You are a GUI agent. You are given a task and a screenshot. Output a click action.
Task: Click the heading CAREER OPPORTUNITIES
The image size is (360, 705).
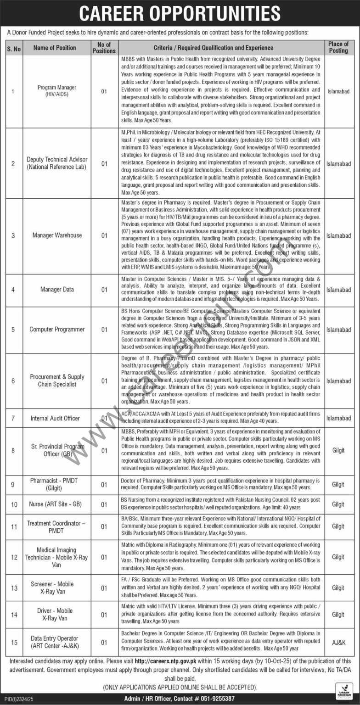[180, 14]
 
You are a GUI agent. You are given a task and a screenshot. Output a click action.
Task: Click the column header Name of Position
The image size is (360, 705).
[55, 47]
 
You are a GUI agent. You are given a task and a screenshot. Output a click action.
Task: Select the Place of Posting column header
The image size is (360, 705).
[338, 47]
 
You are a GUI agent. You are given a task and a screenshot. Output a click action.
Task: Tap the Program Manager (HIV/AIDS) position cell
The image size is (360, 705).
[57, 91]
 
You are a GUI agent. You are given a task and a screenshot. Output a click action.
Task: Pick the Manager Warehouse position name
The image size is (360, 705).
[57, 235]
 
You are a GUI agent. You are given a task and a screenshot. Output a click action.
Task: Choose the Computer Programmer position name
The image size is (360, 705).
[57, 330]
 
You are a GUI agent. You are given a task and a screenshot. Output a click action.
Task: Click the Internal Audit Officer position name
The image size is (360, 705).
[55, 418]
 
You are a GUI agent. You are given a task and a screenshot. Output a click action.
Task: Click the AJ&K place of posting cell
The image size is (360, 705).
[338, 642]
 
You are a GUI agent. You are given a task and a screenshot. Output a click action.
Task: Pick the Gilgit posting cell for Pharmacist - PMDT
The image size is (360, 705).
[338, 484]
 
